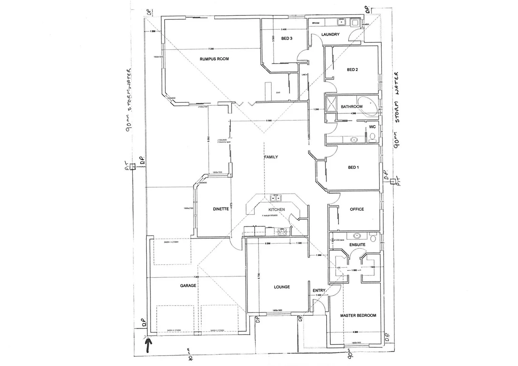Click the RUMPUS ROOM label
214,59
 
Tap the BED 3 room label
287,39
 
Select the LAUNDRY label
330,35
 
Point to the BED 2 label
352,70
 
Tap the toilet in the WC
372,137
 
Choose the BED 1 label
353,167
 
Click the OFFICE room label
357,209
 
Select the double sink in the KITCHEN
274,198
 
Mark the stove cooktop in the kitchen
282,232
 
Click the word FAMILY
271,157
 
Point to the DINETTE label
221,209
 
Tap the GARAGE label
188,286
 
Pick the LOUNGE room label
282,287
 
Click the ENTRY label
319,290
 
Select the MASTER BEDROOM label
358,316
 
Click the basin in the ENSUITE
356,236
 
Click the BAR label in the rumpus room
278,93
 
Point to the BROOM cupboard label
316,23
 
